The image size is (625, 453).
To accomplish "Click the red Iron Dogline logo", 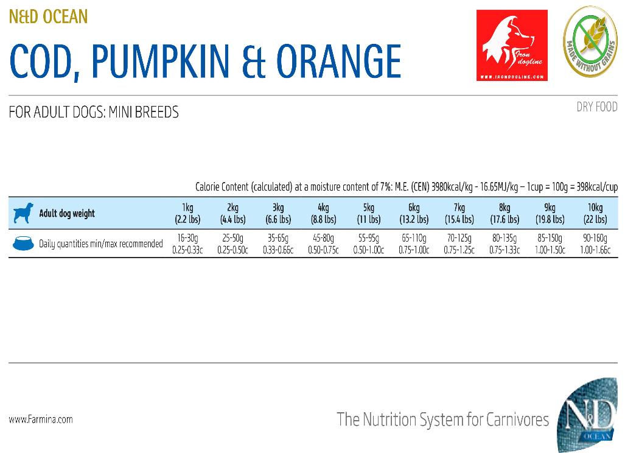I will pos(512,45).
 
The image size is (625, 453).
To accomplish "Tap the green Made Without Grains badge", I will pos(589,41).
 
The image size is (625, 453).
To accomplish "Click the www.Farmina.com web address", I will pos(41,420).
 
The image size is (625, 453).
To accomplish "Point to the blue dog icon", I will pos(22,213).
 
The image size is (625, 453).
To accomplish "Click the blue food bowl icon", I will pos(23,244).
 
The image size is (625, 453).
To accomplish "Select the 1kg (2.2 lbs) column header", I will pos(187,214).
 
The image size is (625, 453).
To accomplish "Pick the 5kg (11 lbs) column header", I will pos(368,214).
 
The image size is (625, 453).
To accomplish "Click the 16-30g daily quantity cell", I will pos(187,244).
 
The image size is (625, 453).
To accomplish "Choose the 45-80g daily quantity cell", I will pos(323,244).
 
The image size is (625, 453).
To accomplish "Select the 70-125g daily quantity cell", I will pos(459,244).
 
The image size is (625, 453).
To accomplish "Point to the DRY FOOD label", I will pos(596,107).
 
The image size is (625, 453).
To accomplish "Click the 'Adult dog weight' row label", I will pos(67,214).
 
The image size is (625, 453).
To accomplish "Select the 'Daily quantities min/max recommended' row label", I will pos(101,244).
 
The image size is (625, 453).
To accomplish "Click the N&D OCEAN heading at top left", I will pos(49,16).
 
